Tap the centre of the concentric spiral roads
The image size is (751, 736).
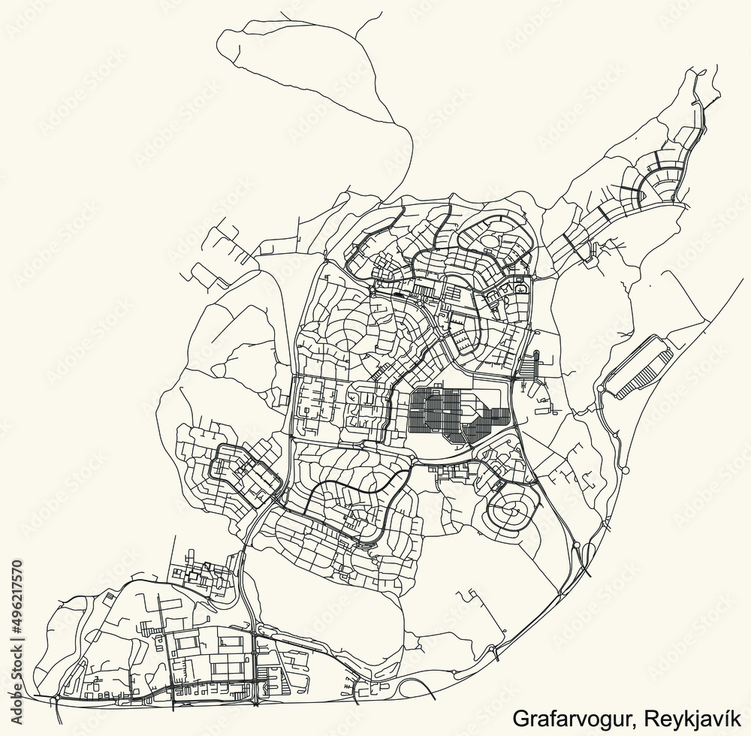pyautogui.click(x=515, y=511)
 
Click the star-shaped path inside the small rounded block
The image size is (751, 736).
pyautogui.click(x=519, y=287)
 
